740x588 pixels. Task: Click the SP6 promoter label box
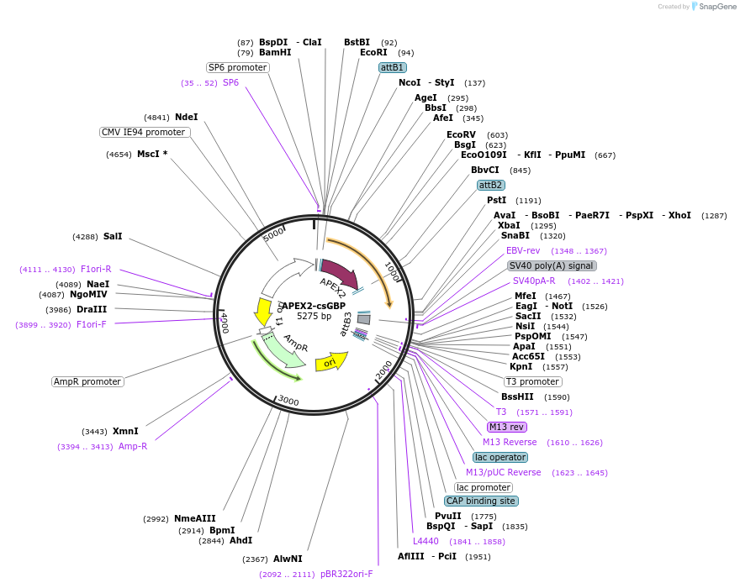(237, 67)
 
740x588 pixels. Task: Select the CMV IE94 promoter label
(144, 132)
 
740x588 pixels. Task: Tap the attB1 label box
(393, 67)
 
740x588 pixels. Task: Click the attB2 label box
(490, 185)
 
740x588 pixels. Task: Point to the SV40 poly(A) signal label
(552, 265)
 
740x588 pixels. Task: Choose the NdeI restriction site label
(186, 117)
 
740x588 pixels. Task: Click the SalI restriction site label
(113, 236)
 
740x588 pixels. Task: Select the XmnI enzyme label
(125, 431)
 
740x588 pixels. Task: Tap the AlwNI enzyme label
(287, 559)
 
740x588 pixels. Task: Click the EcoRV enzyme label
(461, 134)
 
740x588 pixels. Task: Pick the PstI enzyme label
(496, 200)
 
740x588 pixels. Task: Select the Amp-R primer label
(133, 446)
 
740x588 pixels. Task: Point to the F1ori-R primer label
(96, 269)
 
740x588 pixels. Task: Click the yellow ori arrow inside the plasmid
(330, 362)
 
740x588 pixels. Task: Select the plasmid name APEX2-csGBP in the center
(313, 306)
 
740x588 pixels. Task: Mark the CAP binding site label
(481, 501)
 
